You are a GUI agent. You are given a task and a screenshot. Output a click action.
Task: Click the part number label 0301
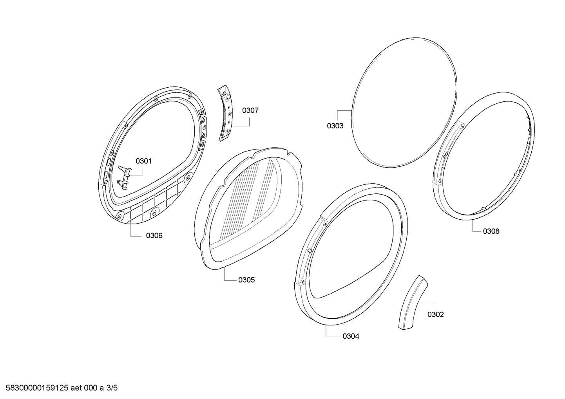143,161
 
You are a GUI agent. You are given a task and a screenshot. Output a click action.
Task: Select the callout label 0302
435,314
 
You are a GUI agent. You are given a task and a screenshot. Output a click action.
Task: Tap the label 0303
335,126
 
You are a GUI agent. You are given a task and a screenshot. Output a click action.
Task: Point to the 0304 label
351,336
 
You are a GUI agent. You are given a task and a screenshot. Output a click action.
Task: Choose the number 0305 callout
246,280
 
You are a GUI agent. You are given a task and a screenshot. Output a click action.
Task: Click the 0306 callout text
154,236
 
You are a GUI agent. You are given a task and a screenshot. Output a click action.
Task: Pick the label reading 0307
250,110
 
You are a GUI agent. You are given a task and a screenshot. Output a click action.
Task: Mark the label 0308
491,231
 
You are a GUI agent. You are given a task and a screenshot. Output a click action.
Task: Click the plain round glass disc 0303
404,102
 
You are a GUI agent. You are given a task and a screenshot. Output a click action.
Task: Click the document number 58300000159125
37,388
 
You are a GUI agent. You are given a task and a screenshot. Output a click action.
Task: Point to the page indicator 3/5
112,388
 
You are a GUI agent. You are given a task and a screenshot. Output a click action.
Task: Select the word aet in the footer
76,388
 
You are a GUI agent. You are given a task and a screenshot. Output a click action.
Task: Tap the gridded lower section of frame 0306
154,202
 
